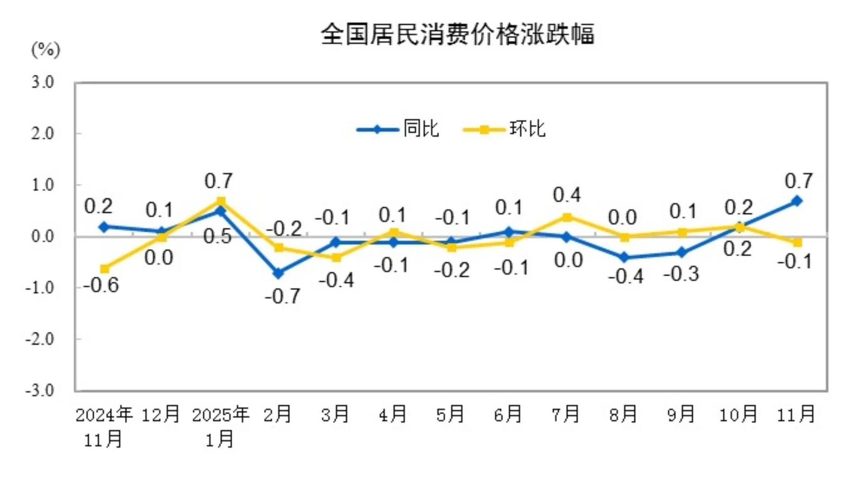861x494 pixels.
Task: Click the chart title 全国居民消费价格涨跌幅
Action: (x=457, y=34)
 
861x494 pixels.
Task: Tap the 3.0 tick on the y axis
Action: (x=43, y=82)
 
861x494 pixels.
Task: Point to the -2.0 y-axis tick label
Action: (x=40, y=339)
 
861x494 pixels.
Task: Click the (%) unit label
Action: (x=45, y=49)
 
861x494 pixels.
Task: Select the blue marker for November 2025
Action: (x=797, y=201)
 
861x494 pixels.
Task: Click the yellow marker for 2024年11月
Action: (x=104, y=268)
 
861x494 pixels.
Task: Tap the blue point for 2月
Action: (x=278, y=273)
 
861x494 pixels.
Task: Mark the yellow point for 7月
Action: (x=567, y=217)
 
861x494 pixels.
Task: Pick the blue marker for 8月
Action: (x=625, y=258)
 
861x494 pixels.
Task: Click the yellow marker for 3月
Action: (x=336, y=258)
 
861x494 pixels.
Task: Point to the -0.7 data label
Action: (x=283, y=296)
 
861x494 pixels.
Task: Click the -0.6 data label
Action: (x=101, y=285)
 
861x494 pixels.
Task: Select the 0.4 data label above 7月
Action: (x=567, y=195)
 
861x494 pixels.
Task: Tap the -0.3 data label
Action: (x=681, y=274)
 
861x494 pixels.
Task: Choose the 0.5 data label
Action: (x=218, y=236)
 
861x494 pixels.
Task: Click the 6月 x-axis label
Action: (x=508, y=414)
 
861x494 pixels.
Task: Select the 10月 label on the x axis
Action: (x=738, y=414)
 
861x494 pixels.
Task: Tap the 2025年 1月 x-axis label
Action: (x=220, y=426)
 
